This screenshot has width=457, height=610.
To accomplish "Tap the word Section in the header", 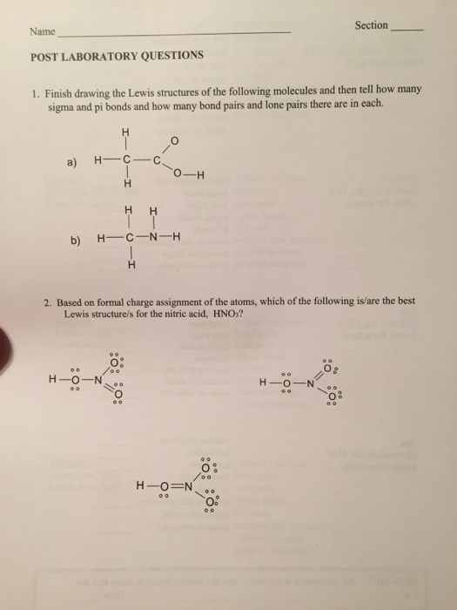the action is pyautogui.click(x=371, y=25).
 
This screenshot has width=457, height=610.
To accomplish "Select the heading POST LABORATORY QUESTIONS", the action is pyautogui.click(x=117, y=55).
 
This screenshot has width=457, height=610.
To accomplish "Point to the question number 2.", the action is pyautogui.click(x=45, y=301).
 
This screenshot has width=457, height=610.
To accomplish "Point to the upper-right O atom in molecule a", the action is pyautogui.click(x=174, y=138).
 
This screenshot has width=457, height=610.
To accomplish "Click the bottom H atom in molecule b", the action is pyautogui.click(x=131, y=266).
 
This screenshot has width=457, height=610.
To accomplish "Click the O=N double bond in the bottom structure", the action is pyautogui.click(x=183, y=485).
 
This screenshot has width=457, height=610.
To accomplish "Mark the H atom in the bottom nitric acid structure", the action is pyautogui.click(x=142, y=485).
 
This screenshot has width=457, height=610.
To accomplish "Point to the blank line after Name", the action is pyautogui.click(x=174, y=33).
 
